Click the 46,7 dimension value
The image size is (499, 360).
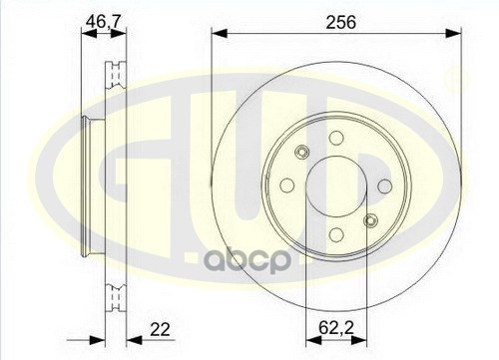click(103, 22)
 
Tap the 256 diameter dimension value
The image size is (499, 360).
click(341, 22)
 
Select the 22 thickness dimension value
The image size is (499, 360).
click(160, 329)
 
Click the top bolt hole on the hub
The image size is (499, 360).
click(336, 138)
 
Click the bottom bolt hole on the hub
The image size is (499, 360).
click(336, 234)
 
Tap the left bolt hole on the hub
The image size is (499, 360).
click(287, 185)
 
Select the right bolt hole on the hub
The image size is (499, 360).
click(385, 186)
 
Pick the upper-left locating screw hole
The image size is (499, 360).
click(302, 152)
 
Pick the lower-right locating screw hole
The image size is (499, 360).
click(370, 220)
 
